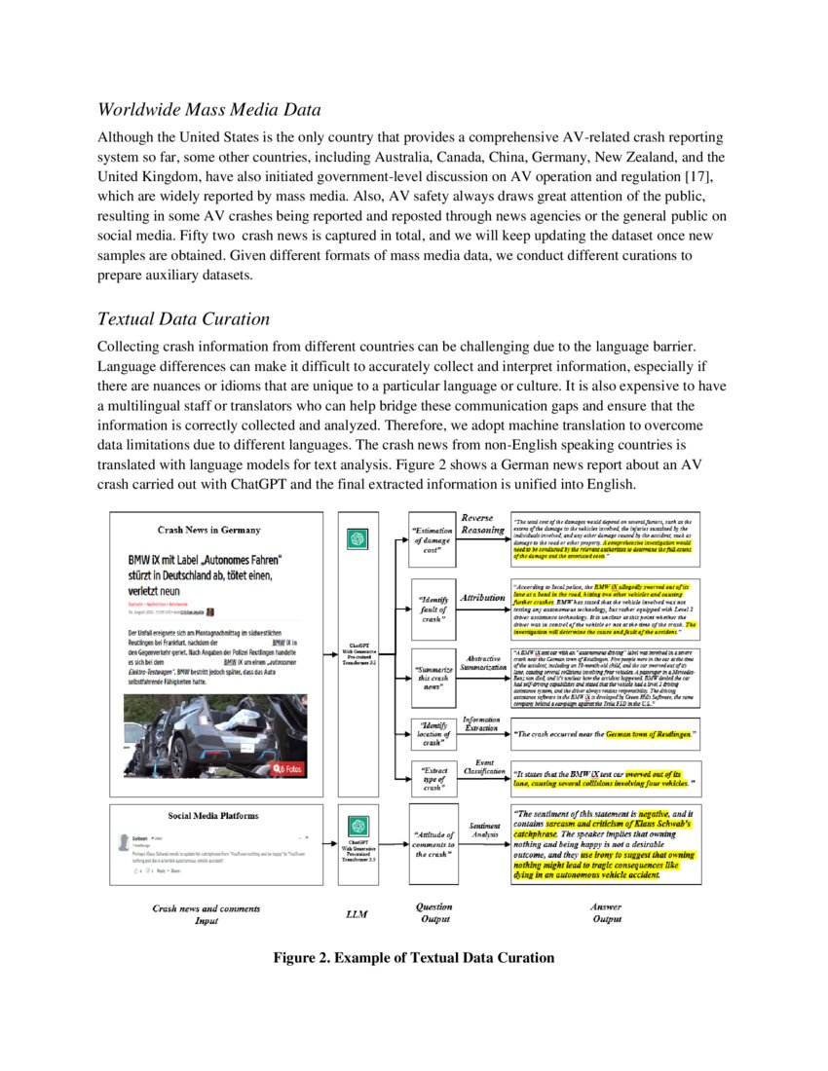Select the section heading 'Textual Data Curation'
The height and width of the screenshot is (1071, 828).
point(184,318)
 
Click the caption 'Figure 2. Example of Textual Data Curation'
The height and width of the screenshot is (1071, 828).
point(413,957)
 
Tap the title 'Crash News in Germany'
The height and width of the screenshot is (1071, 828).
point(209,530)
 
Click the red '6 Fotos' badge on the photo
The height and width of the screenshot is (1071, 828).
point(288,768)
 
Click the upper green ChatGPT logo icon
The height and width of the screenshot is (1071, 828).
point(358,538)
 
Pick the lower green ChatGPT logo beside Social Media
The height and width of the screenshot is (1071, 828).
point(358,827)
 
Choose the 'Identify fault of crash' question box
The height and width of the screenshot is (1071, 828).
point(433,609)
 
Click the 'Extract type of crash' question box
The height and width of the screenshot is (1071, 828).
point(433,780)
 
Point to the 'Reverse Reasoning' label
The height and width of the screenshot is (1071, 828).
point(483,524)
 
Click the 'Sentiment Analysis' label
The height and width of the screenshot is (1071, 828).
point(484,830)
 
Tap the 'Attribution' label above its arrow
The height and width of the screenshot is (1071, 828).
point(482,597)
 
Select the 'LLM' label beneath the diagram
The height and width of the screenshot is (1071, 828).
point(358,914)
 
